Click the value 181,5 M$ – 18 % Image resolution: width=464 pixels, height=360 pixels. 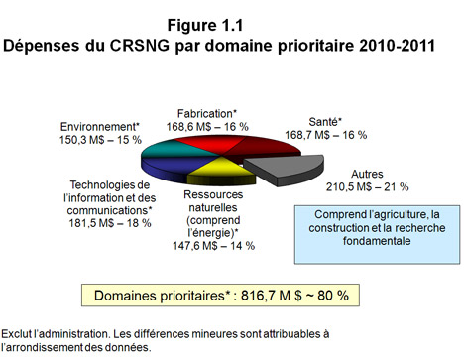[x=110, y=223]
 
